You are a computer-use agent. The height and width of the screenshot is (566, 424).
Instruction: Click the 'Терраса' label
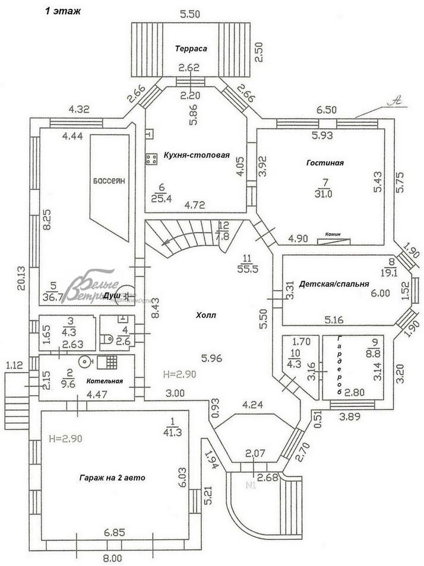coord(191,49)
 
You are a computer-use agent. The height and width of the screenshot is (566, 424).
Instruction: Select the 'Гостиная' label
coord(325,163)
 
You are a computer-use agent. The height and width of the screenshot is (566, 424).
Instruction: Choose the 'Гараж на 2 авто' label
coord(112,477)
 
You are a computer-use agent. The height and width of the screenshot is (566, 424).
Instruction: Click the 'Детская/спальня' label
coord(334,284)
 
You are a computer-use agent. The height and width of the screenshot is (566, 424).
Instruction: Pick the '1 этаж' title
coord(63,11)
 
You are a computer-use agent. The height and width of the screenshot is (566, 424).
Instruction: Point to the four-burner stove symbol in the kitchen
coord(151,158)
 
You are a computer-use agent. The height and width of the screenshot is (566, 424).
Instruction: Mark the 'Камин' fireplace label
coord(333,234)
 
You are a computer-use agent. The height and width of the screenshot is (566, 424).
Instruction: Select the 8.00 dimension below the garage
coord(112,558)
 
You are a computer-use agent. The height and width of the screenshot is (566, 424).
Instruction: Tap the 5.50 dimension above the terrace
coord(190,13)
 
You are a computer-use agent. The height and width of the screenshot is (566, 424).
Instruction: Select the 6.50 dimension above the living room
coord(325,110)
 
